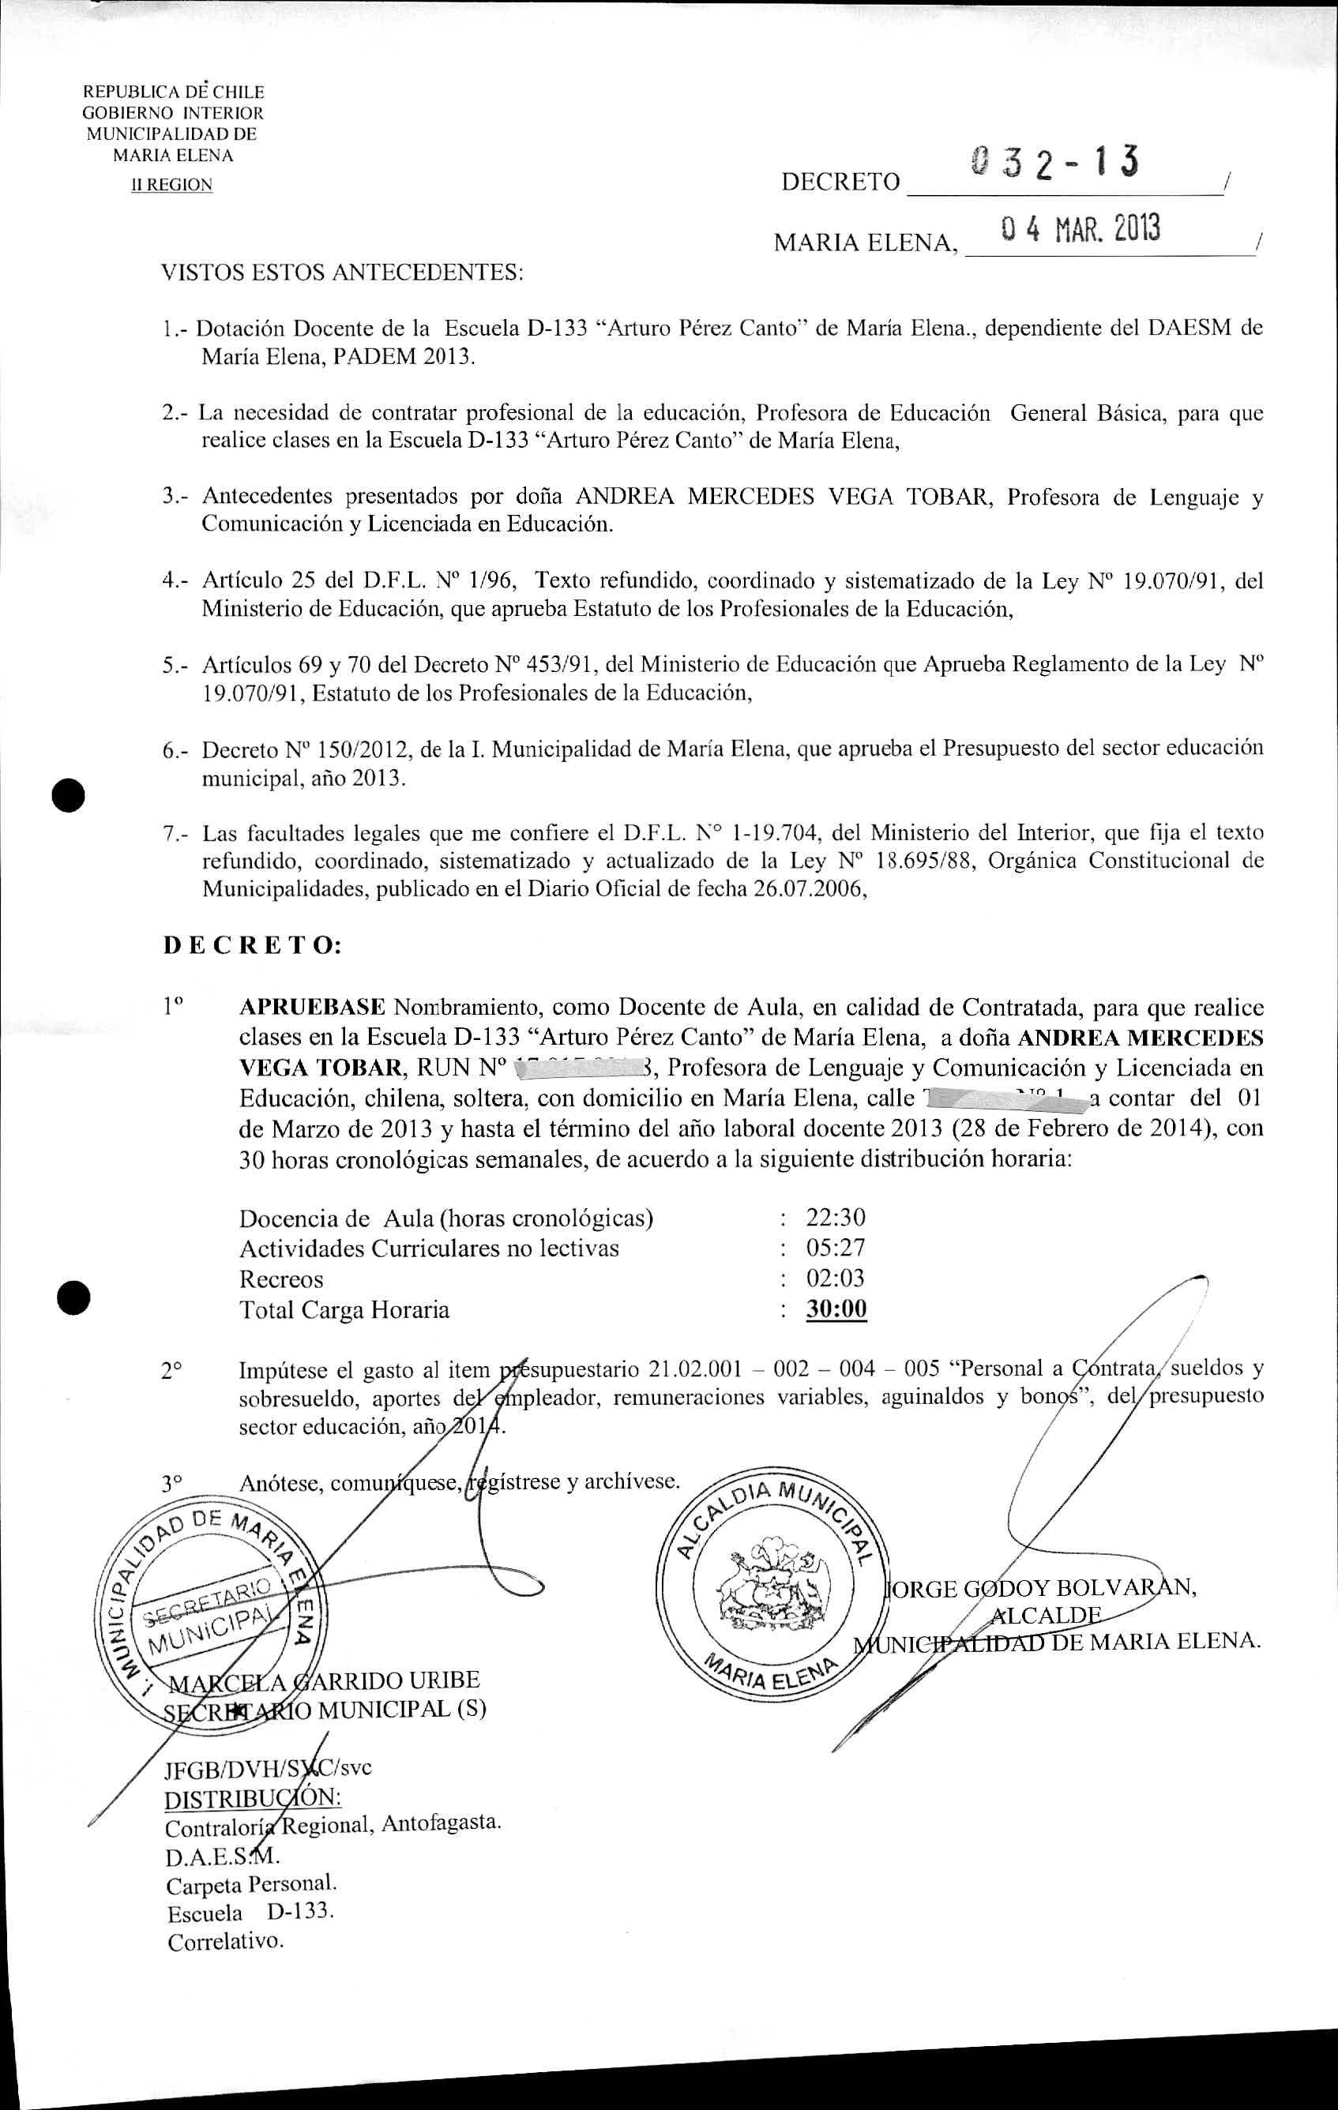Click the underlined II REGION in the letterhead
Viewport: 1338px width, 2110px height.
click(x=171, y=185)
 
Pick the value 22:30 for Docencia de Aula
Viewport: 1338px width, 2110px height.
click(x=835, y=1217)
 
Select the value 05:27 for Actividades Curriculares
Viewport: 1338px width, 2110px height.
click(x=835, y=1247)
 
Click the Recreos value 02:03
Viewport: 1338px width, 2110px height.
click(x=835, y=1278)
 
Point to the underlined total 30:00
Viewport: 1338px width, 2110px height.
click(x=836, y=1309)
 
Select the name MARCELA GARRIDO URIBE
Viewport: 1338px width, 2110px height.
click(x=324, y=1680)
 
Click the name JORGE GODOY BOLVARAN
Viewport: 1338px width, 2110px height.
click(x=1043, y=1587)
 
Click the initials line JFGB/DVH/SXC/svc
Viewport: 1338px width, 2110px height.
click(x=267, y=1767)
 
